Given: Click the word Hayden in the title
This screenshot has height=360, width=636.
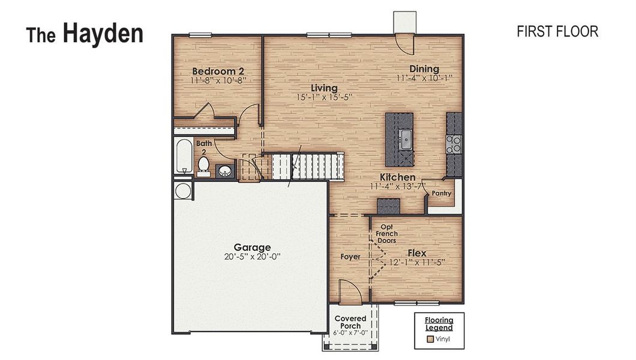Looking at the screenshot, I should pos(103,34).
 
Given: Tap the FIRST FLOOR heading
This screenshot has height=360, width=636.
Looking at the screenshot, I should pos(557,32).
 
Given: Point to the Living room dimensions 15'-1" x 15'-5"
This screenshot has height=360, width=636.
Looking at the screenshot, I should pos(324,97).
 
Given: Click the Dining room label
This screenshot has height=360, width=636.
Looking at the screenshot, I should pos(424,68).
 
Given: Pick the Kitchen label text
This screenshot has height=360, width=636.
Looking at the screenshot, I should pos(397,178).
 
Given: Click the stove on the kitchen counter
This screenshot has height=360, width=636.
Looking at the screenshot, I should pos(454,143).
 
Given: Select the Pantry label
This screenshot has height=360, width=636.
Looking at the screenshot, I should pos(442,193).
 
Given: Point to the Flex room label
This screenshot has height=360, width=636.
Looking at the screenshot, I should pos(417,253).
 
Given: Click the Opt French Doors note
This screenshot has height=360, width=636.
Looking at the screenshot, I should pos(387,233).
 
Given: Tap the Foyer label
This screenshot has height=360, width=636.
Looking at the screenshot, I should pos(350,257).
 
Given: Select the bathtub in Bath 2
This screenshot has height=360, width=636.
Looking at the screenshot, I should pos(182,157).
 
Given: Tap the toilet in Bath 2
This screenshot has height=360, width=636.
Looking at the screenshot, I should pos(203,164).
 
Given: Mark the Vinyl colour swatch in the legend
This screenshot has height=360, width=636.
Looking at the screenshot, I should pos(430,339).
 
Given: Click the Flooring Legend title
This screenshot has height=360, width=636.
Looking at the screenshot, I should pos(439,324).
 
